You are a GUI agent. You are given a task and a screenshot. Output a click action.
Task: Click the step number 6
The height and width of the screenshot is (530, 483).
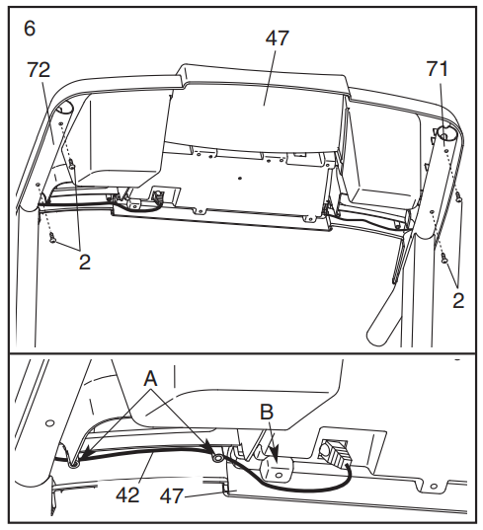tap(30, 29)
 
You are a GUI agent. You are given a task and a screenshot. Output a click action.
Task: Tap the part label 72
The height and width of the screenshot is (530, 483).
tap(39, 70)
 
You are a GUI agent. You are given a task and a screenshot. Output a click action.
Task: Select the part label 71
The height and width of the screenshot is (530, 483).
tap(437, 69)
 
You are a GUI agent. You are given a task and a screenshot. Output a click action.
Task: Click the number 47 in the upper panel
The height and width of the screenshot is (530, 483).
tap(278, 38)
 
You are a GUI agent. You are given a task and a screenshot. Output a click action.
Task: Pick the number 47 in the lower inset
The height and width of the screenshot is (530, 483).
tap(172, 496)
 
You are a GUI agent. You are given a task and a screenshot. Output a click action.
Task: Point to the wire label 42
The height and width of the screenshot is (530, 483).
tap(127, 495)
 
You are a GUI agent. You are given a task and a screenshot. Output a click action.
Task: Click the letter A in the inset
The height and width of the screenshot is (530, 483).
tap(150, 378)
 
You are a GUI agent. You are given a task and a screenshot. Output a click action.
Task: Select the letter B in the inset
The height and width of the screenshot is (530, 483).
tap(267, 412)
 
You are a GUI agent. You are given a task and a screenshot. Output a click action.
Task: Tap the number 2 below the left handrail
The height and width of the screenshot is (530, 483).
tap(85, 262)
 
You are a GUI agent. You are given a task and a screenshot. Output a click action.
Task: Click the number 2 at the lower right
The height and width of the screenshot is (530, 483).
tap(458, 300)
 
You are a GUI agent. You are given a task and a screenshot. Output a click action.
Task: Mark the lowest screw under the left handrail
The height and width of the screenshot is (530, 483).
tap(52, 237)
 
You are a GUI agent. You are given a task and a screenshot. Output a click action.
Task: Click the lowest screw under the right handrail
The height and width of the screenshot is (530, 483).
tap(443, 259)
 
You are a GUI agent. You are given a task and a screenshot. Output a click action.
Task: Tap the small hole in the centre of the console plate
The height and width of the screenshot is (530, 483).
tap(240, 178)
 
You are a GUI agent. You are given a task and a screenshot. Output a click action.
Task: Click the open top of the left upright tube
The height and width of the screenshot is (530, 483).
tap(64, 109)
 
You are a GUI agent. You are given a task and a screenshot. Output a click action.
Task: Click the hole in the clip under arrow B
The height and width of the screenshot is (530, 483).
tap(279, 476)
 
